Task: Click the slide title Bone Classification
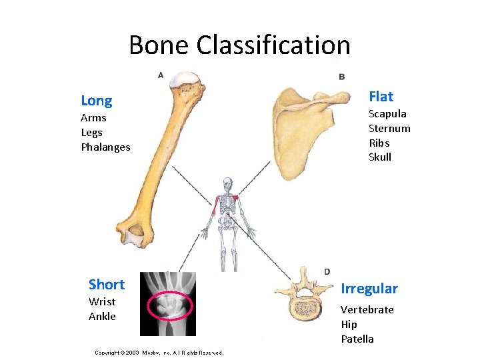click(239, 45)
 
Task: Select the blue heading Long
click(96, 101)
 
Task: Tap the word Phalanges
click(105, 147)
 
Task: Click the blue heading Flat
click(381, 97)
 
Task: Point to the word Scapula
click(387, 113)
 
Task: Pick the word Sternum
click(389, 128)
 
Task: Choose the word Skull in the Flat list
click(380, 157)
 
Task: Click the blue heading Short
click(106, 285)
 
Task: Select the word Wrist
click(102, 301)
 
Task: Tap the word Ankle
click(102, 316)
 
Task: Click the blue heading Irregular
click(369, 289)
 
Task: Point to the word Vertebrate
click(367, 309)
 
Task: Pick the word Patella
click(357, 339)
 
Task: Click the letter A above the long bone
click(161, 75)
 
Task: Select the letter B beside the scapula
click(342, 77)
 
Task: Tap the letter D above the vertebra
click(327, 271)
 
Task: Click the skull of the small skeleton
click(228, 183)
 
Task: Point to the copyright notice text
click(159, 353)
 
